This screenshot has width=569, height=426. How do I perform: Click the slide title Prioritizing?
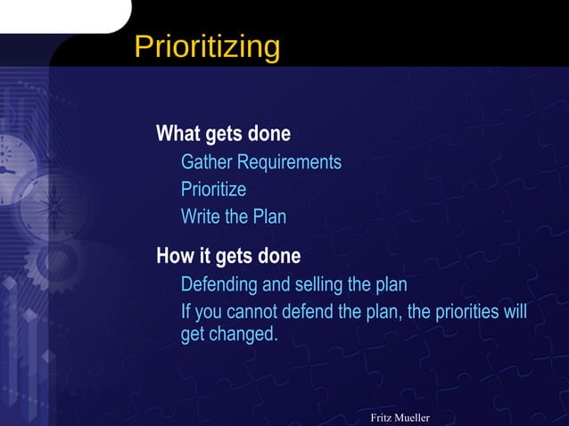207,46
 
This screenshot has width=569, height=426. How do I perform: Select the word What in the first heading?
178,134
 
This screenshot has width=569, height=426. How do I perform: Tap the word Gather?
207,162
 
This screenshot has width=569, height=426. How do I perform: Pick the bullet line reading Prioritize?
213,190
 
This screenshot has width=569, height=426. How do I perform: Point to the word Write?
202,217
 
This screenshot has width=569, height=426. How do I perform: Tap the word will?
514,313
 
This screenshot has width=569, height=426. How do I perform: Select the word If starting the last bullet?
186,313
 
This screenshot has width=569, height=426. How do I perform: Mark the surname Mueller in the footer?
414,418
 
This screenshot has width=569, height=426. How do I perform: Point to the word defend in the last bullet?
309,313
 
